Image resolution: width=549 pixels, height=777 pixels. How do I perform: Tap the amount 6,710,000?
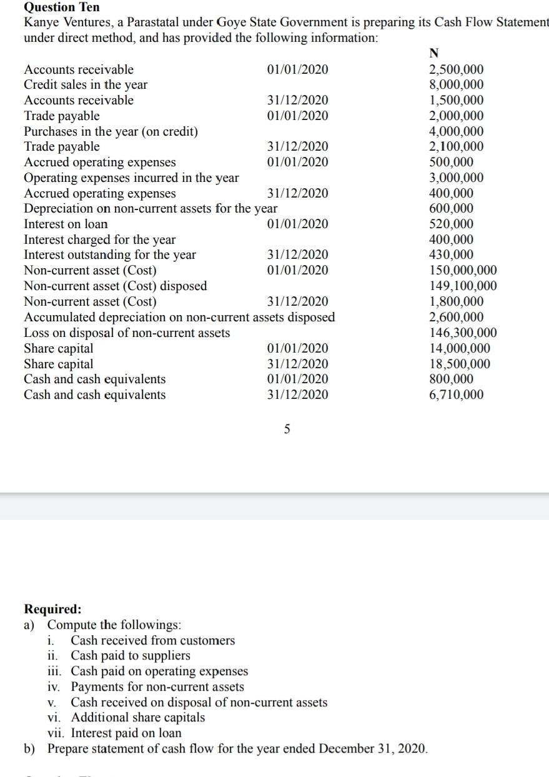(x=457, y=394)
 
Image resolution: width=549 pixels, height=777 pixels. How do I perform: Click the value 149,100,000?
(x=463, y=286)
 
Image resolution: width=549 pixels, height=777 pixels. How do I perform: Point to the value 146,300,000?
(x=463, y=333)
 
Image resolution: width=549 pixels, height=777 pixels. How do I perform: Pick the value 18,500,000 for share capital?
(x=460, y=364)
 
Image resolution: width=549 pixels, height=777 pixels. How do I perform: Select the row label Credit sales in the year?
(x=86, y=85)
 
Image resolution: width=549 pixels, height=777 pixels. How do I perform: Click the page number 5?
(x=287, y=429)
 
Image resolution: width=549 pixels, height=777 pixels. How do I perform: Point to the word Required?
(x=52, y=609)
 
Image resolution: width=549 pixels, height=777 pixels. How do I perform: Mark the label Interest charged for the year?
(x=99, y=240)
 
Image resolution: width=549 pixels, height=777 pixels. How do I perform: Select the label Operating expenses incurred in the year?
(x=131, y=178)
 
